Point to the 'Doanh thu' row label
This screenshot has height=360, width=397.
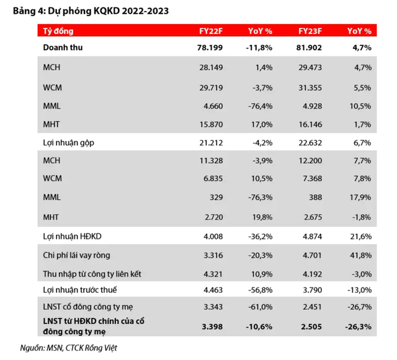click(63, 47)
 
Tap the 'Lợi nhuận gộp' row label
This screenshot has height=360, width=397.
click(68, 143)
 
